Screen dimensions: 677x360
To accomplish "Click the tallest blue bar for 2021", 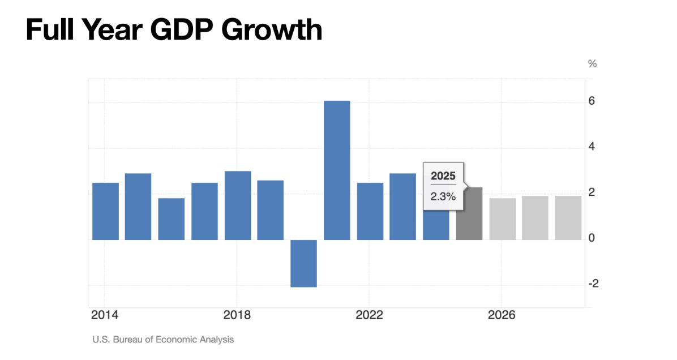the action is click(337, 170).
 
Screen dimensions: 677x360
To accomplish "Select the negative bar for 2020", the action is click(303, 263).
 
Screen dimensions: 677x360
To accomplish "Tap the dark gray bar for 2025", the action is click(469, 213).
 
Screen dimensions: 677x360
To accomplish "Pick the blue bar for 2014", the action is click(105, 211).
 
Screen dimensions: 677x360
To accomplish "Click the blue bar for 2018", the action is click(238, 205).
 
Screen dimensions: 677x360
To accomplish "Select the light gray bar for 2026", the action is click(502, 219).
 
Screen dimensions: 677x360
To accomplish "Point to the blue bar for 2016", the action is click(172, 219).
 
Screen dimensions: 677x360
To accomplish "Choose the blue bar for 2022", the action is click(370, 211).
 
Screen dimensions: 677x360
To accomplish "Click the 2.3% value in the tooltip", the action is click(443, 196).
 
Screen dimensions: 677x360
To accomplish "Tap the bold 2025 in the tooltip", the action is click(443, 176).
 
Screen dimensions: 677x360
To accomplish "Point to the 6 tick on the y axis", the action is click(592, 101).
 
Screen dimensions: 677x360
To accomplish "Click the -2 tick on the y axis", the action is click(593, 284).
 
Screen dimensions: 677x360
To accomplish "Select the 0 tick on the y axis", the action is click(592, 238).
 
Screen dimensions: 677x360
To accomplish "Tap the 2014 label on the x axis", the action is click(105, 315).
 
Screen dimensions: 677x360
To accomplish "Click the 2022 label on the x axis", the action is click(369, 315).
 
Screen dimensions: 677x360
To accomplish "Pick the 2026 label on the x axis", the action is click(502, 315).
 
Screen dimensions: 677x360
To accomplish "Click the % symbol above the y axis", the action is click(592, 64).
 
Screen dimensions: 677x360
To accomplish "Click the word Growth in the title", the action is click(272, 30).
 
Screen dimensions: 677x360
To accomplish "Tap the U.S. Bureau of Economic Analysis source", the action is click(163, 340).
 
